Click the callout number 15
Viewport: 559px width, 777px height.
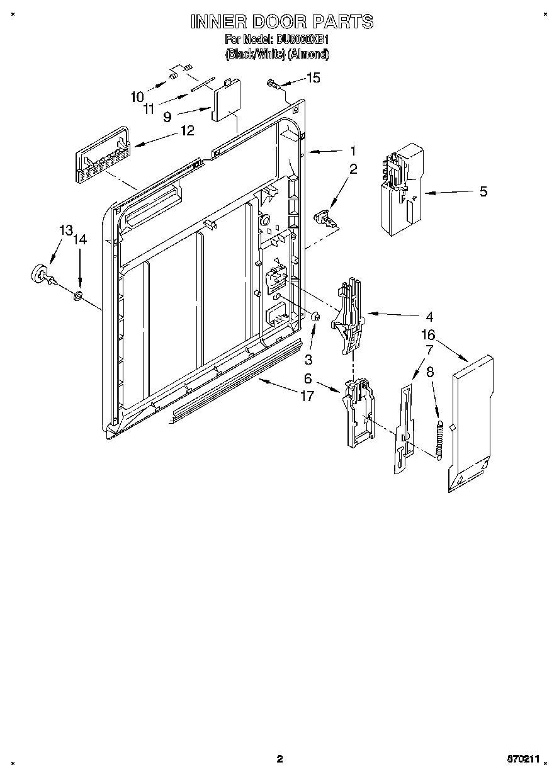(313, 77)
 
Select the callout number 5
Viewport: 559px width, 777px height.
(483, 191)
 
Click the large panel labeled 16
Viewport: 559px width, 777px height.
(471, 423)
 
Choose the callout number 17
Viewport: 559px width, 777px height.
(307, 397)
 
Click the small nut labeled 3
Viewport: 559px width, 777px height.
(317, 317)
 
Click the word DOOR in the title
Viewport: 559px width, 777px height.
(283, 22)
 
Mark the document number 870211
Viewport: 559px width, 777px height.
(524, 759)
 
